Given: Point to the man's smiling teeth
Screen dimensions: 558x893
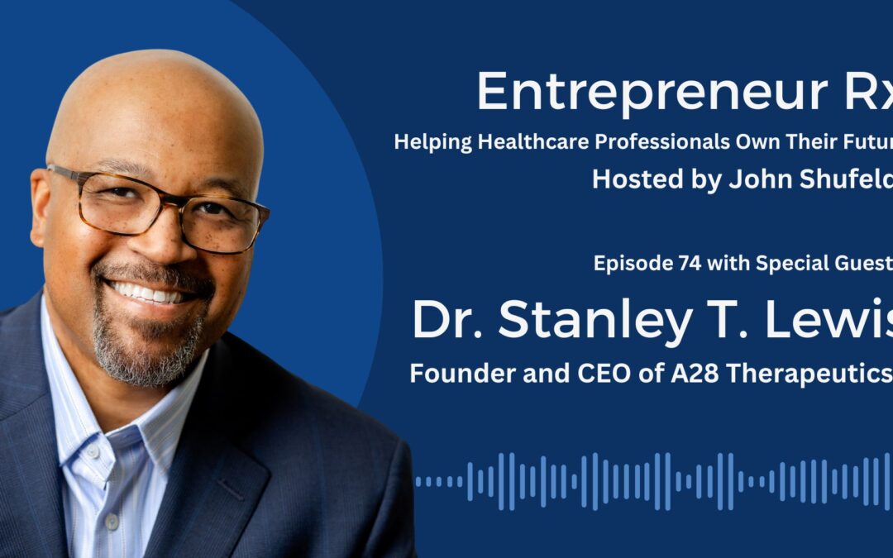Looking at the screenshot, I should point(150,291).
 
